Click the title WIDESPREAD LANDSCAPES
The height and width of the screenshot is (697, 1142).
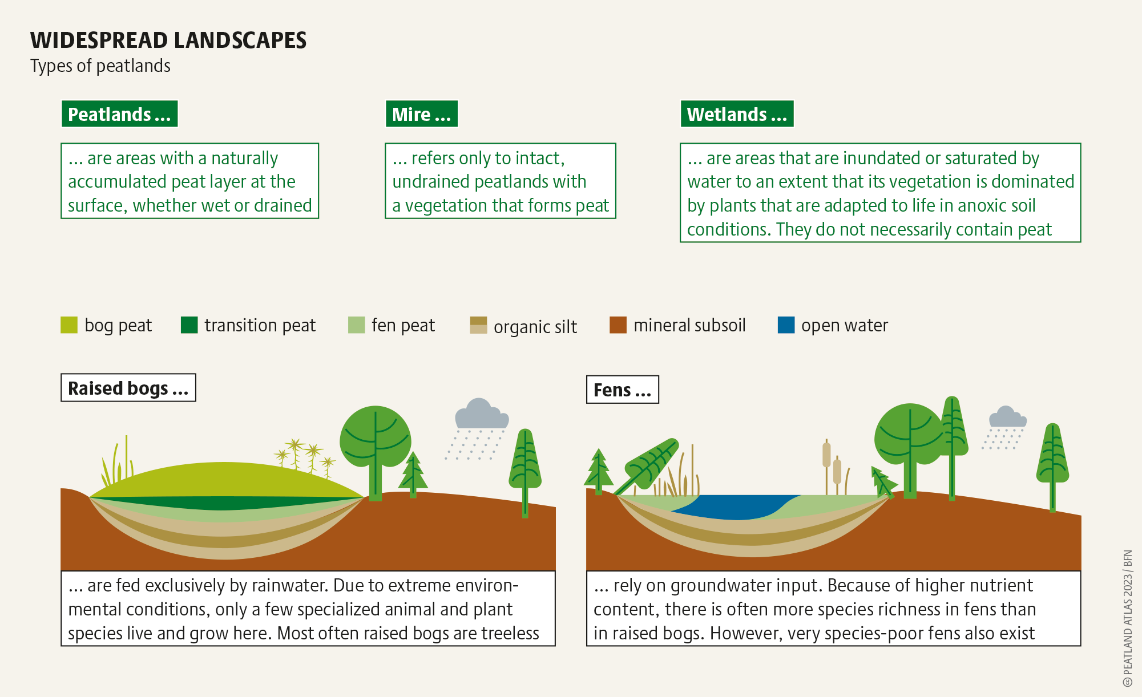point(168,40)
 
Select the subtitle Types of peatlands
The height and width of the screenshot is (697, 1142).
point(100,66)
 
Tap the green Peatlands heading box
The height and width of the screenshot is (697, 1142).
point(119,114)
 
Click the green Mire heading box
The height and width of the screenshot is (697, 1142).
point(421,114)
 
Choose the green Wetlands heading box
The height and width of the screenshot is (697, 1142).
point(737,114)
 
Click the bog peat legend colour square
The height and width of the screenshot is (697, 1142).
point(69,325)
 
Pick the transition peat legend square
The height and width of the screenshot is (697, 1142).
point(189,325)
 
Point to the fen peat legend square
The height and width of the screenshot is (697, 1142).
point(356,325)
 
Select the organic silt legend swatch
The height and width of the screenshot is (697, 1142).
point(478,325)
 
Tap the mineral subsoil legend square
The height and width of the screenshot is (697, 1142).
point(618,325)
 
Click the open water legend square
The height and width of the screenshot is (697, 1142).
point(786,325)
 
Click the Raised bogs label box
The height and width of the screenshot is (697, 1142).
point(128,388)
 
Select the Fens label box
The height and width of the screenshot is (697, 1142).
point(623,390)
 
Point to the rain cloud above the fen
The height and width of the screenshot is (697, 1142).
point(1007,418)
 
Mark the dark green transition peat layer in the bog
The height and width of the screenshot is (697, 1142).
point(225,503)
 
